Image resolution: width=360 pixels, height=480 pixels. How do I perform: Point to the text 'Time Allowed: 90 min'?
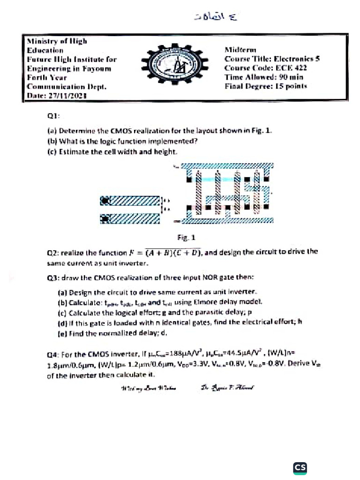tap(263, 77)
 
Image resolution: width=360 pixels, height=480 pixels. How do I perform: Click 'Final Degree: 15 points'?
tap(265, 86)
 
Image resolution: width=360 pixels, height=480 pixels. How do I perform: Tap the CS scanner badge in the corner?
tap(300, 467)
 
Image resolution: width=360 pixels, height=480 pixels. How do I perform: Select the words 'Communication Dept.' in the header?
tap(67, 86)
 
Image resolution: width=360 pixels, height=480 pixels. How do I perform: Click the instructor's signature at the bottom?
tap(227, 388)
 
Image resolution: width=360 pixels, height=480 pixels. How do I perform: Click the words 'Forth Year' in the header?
tap(46, 77)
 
